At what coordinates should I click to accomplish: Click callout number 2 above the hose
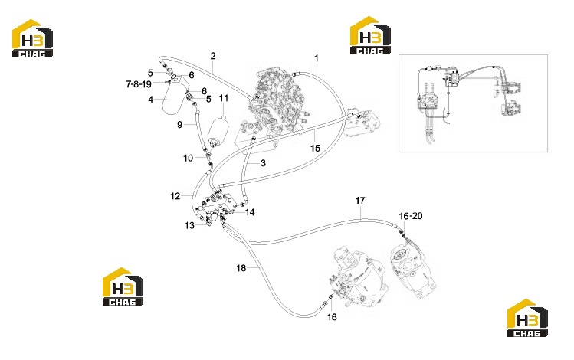213,56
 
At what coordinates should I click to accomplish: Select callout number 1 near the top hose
317,58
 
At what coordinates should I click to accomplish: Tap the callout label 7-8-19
139,84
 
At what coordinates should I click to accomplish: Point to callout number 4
150,99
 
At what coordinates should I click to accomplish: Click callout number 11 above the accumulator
224,98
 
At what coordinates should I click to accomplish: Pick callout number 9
179,125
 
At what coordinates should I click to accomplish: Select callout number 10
189,158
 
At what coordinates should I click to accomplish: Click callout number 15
315,148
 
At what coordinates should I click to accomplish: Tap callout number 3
263,163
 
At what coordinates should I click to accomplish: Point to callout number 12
175,196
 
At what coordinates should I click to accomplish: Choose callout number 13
189,225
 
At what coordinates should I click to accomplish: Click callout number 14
250,212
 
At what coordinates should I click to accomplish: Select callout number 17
360,201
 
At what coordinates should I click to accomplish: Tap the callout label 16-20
410,216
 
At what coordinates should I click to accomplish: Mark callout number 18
241,268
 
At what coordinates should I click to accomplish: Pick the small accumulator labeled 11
218,131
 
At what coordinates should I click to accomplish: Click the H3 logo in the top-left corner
32,38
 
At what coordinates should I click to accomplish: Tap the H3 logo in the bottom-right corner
527,318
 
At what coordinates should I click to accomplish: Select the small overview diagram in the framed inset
473,103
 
